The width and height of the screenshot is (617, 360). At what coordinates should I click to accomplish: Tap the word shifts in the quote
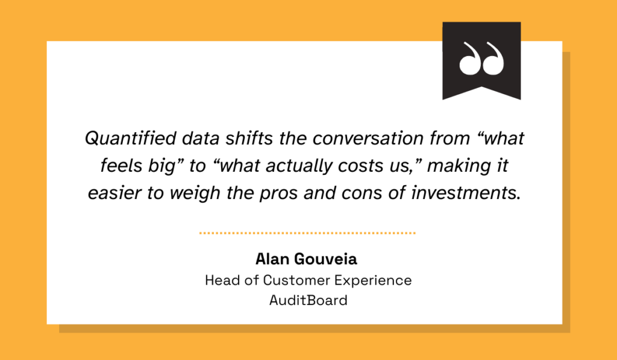pos(238,139)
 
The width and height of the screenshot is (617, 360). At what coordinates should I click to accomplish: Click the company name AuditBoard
pos(308,300)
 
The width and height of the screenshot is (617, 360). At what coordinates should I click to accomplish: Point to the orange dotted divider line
pos(307,232)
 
